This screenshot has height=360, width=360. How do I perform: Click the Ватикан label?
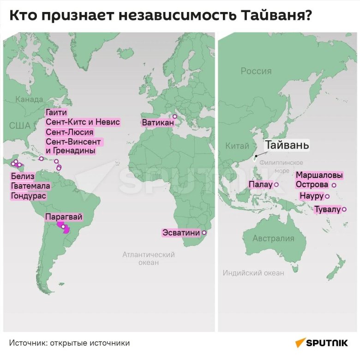point(158,123)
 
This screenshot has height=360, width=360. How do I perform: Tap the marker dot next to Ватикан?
point(174,116)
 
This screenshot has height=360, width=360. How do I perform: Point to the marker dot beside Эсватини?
point(204,233)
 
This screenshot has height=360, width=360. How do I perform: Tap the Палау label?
point(261,185)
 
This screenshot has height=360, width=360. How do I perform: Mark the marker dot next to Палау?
point(276,185)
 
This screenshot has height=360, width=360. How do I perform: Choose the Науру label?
point(311,196)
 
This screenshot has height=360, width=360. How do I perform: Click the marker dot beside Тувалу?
point(344,209)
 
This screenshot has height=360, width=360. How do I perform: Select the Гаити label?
point(57,113)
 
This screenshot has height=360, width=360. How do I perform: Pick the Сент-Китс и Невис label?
point(83,122)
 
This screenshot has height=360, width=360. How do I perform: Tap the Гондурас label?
point(28,196)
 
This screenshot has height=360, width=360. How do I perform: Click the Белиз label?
point(23,176)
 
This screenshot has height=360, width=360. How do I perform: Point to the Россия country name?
point(256,71)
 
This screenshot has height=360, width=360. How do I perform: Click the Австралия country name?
point(273,239)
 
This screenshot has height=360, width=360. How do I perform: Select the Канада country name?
point(29,99)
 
